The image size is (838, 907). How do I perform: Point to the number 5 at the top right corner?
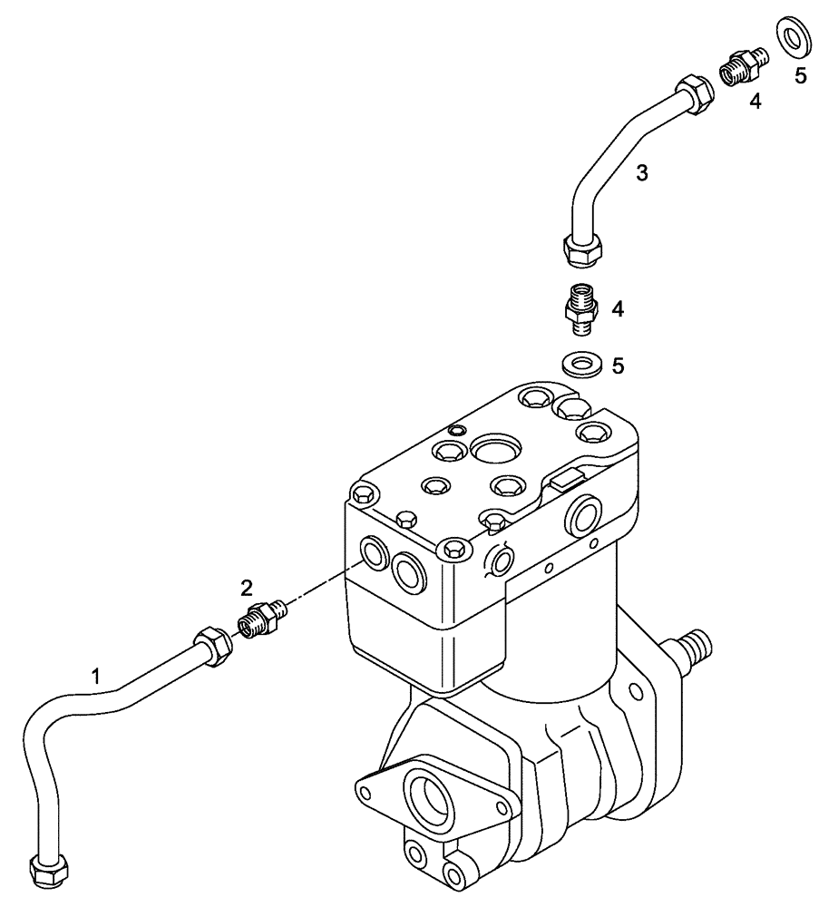tap(800, 76)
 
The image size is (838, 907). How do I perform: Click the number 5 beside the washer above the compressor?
tap(618, 366)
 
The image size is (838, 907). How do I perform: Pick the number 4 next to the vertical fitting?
tap(618, 308)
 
